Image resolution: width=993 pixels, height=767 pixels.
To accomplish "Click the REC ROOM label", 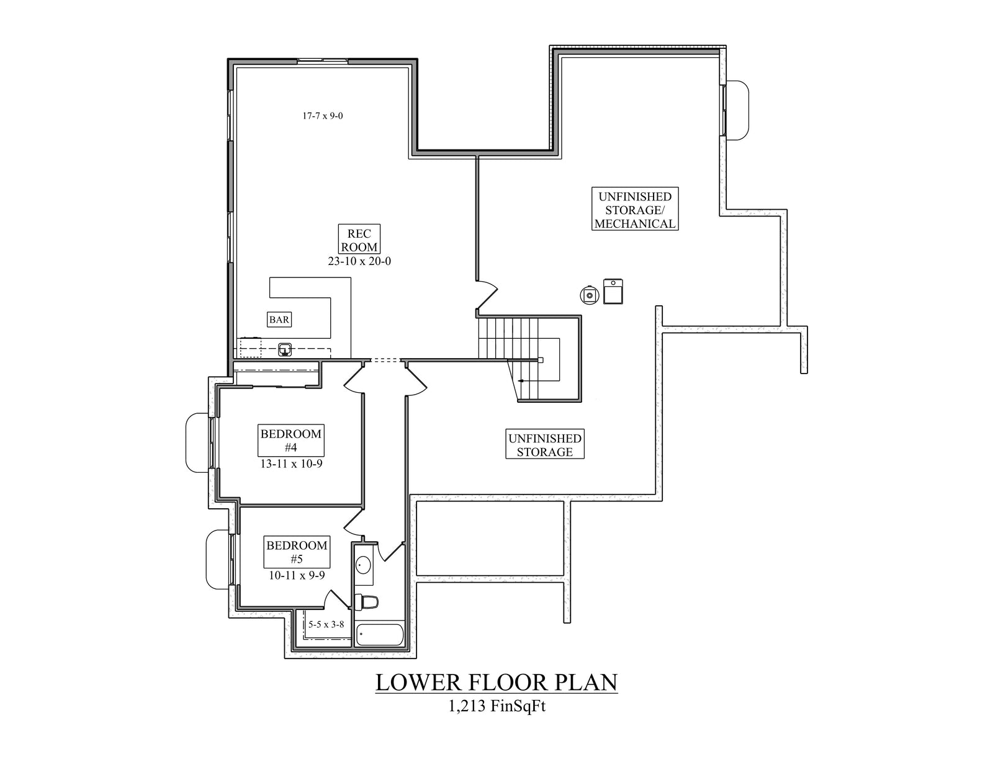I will (359, 240).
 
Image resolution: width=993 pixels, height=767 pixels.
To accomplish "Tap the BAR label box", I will (279, 320).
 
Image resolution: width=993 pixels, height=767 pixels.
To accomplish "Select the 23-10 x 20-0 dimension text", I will (359, 261).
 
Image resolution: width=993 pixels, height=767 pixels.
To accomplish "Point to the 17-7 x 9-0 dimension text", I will (322, 115).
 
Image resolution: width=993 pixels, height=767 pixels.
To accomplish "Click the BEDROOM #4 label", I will (291, 441).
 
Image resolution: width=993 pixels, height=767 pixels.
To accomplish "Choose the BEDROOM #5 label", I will (297, 552).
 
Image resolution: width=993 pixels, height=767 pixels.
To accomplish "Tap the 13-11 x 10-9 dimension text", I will (291, 464).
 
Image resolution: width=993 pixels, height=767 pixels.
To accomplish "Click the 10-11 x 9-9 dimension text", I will (297, 575).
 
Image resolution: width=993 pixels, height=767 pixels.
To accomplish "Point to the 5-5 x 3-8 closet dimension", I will (326, 624).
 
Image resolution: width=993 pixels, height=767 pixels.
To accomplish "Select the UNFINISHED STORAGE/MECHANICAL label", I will (634, 210).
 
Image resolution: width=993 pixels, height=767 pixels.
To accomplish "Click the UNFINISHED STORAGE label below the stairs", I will (544, 445).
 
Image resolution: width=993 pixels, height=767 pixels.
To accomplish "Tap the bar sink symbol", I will (285, 350).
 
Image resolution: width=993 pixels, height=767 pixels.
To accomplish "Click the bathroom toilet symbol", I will (367, 601).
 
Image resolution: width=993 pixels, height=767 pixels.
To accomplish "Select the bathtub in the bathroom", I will (380, 635).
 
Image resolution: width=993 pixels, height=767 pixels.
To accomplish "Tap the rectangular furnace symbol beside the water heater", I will (613, 292).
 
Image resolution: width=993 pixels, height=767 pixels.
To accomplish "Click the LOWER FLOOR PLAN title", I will (496, 682).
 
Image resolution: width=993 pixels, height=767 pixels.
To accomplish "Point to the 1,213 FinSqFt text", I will (496, 706).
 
